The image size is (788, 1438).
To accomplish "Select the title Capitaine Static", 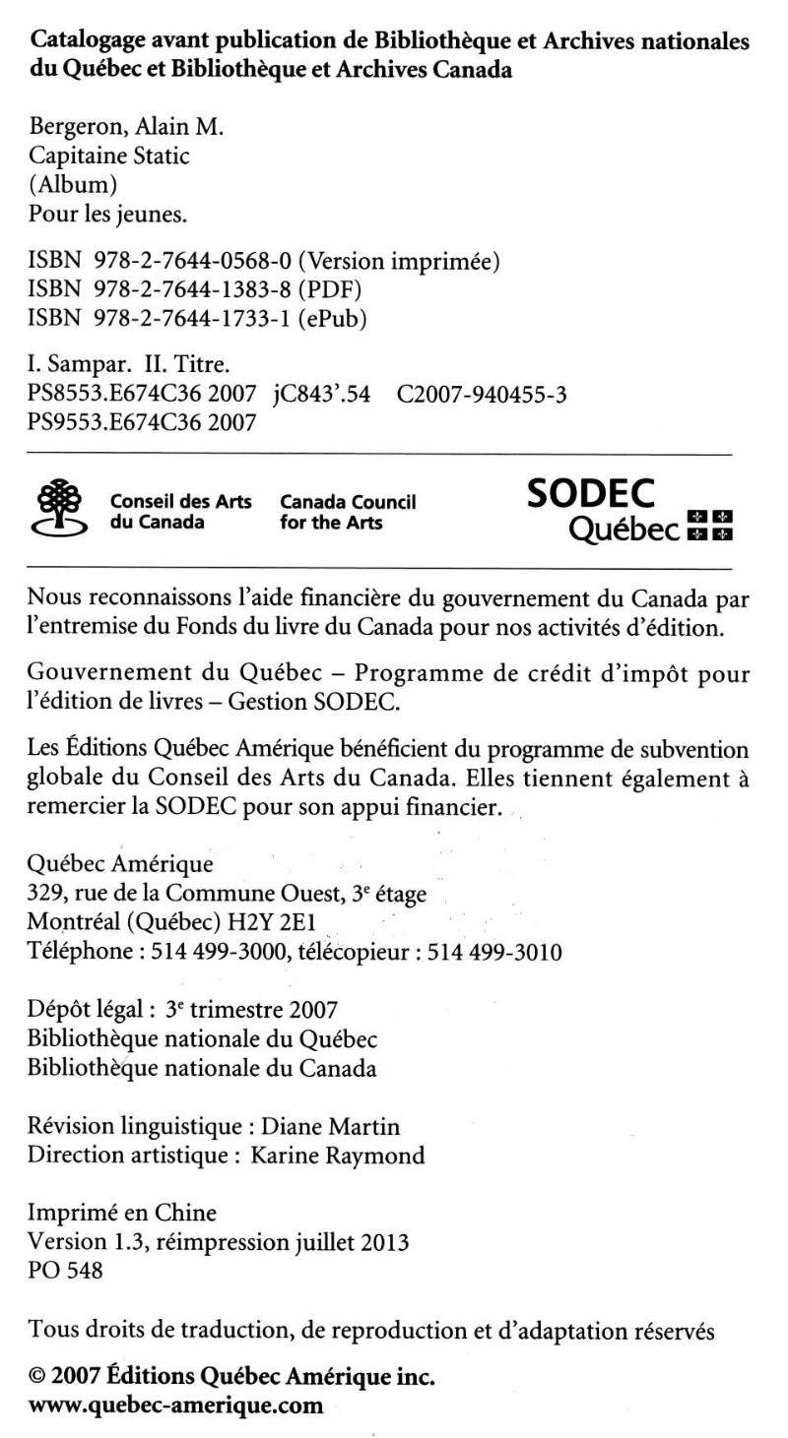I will [101, 157].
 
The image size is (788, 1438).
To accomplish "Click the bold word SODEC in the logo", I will [591, 494].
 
